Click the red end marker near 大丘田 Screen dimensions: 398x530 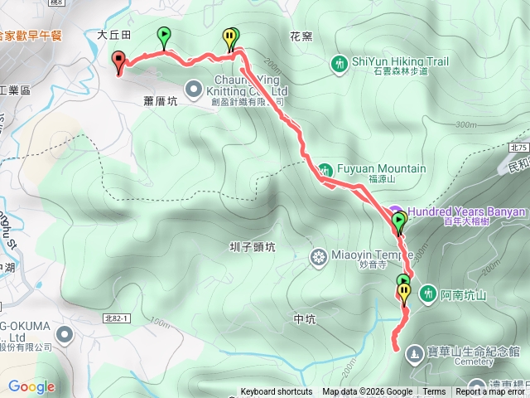pyautogui.click(x=118, y=60)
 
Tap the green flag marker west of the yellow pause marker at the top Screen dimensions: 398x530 pyautogui.click(x=164, y=36)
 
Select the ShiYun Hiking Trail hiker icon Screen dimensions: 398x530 pyautogui.click(x=339, y=63)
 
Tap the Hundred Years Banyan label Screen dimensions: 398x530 pyautogui.click(x=467, y=212)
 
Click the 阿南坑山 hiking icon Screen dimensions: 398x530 pyautogui.click(x=428, y=293)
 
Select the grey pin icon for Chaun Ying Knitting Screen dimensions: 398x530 pyautogui.click(x=193, y=87)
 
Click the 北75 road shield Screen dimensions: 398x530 pyautogui.click(x=519, y=147)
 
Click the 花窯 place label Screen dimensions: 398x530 pyautogui.click(x=301, y=36)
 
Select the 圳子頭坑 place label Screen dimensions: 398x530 pyautogui.click(x=253, y=246)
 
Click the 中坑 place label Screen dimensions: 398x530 pyautogui.click(x=305, y=318)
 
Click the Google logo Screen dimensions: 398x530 pyautogui.click(x=31, y=386)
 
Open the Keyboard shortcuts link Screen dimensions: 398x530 pyautogui.click(x=277, y=392)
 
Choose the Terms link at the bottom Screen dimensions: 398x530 pyautogui.click(x=434, y=392)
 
